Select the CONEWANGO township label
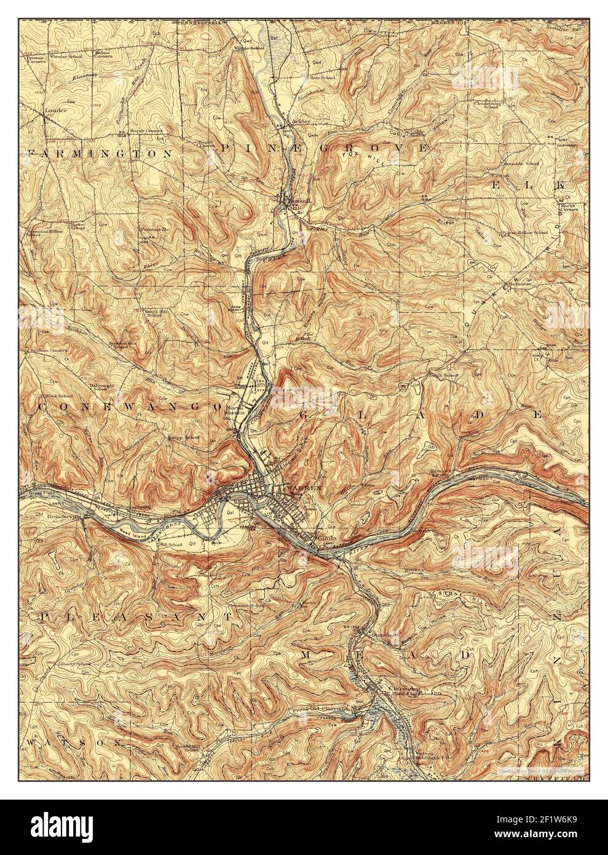pos(130,407)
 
